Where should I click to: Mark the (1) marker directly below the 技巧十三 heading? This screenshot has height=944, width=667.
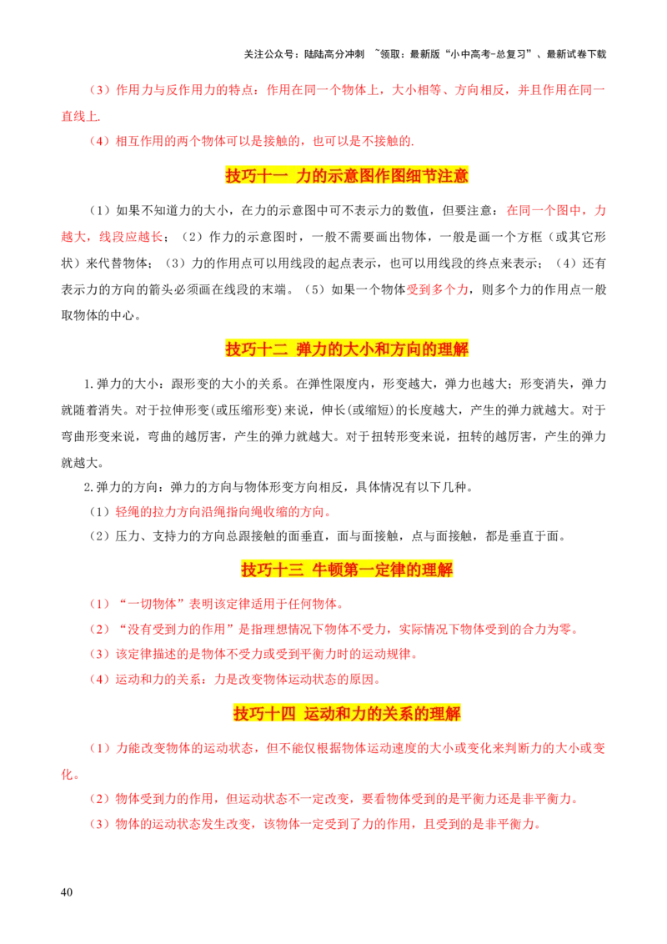99,603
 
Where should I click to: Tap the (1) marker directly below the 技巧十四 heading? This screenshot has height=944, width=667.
99,748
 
